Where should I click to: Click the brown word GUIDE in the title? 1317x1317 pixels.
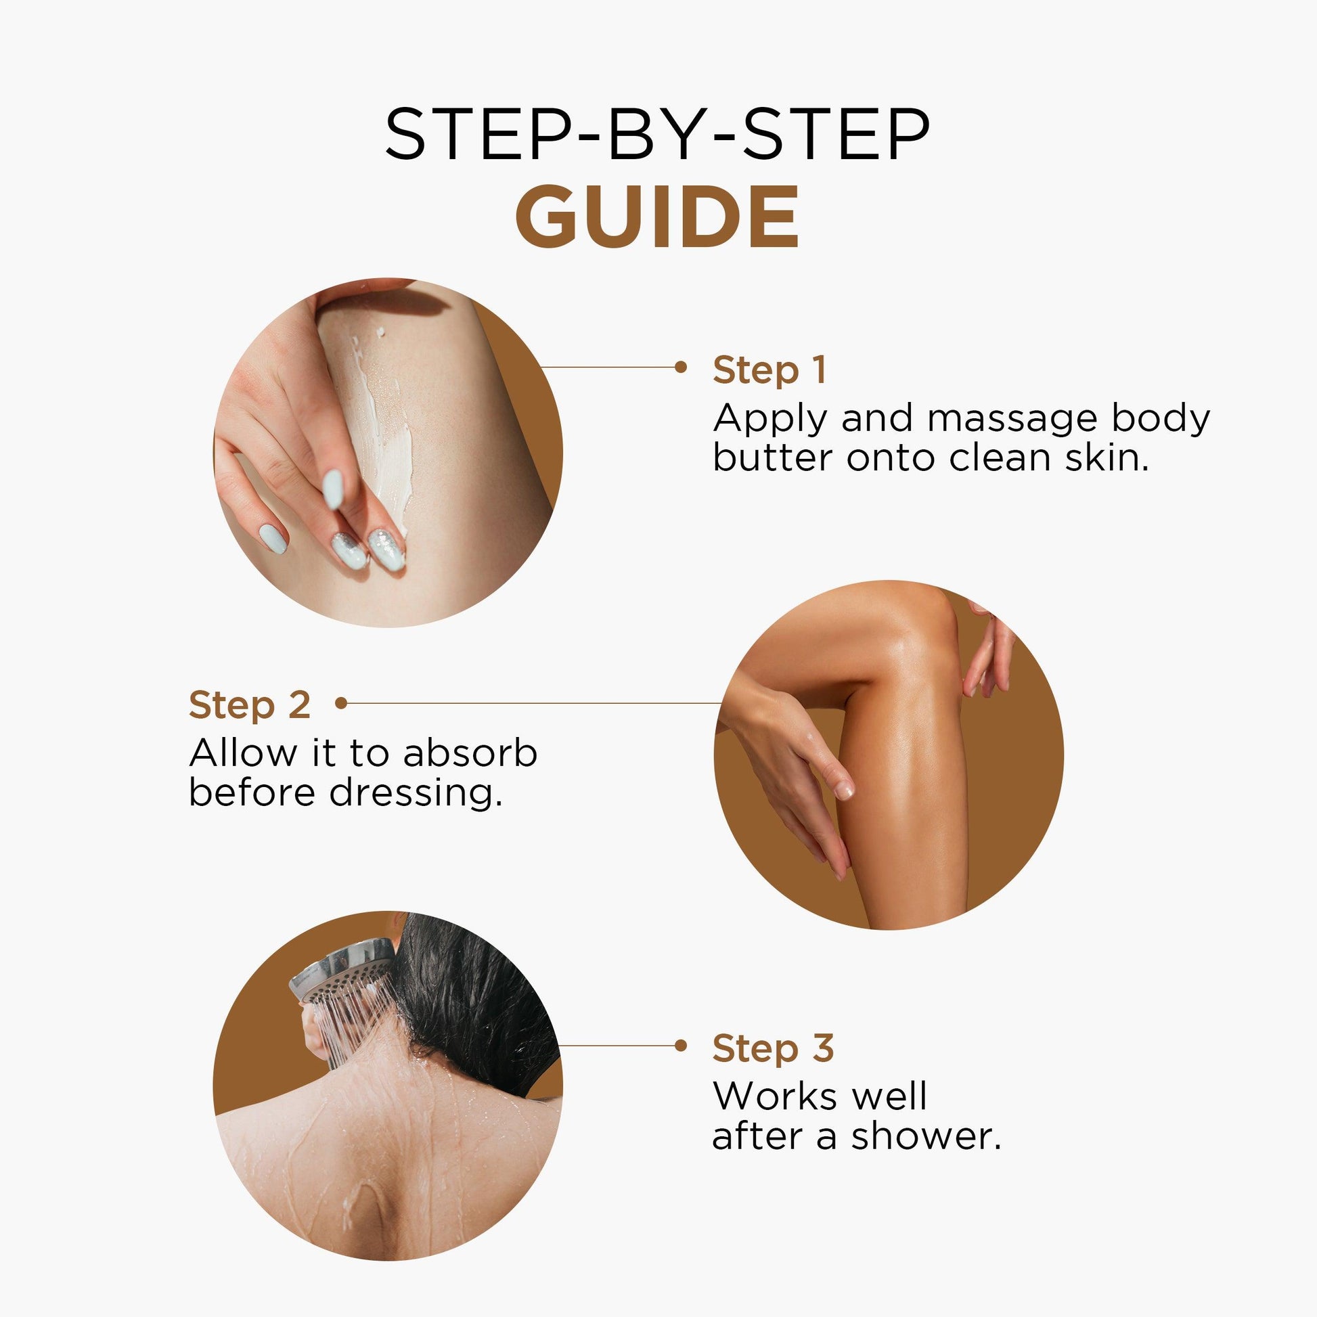point(657,217)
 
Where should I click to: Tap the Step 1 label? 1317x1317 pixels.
point(769,371)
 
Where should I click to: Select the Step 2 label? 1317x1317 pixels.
point(250,705)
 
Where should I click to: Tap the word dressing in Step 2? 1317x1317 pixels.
point(416,793)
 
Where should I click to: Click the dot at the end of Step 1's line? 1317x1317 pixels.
point(680,367)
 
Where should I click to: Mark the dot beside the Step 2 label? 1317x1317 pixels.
point(342,702)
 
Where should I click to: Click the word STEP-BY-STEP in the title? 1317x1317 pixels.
point(657,134)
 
